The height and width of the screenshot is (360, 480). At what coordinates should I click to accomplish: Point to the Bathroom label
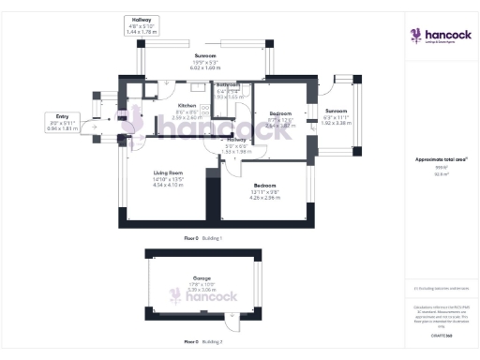[x=230, y=92]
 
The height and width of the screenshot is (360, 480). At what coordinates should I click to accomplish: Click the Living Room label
[x=168, y=180]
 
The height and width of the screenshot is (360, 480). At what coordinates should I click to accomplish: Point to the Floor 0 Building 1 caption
[x=202, y=239]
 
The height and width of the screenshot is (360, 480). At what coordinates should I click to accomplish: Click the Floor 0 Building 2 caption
[x=202, y=342]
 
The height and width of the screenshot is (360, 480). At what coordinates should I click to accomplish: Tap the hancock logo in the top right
[x=435, y=36]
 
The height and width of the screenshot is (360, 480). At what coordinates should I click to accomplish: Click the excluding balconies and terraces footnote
[x=441, y=288]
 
